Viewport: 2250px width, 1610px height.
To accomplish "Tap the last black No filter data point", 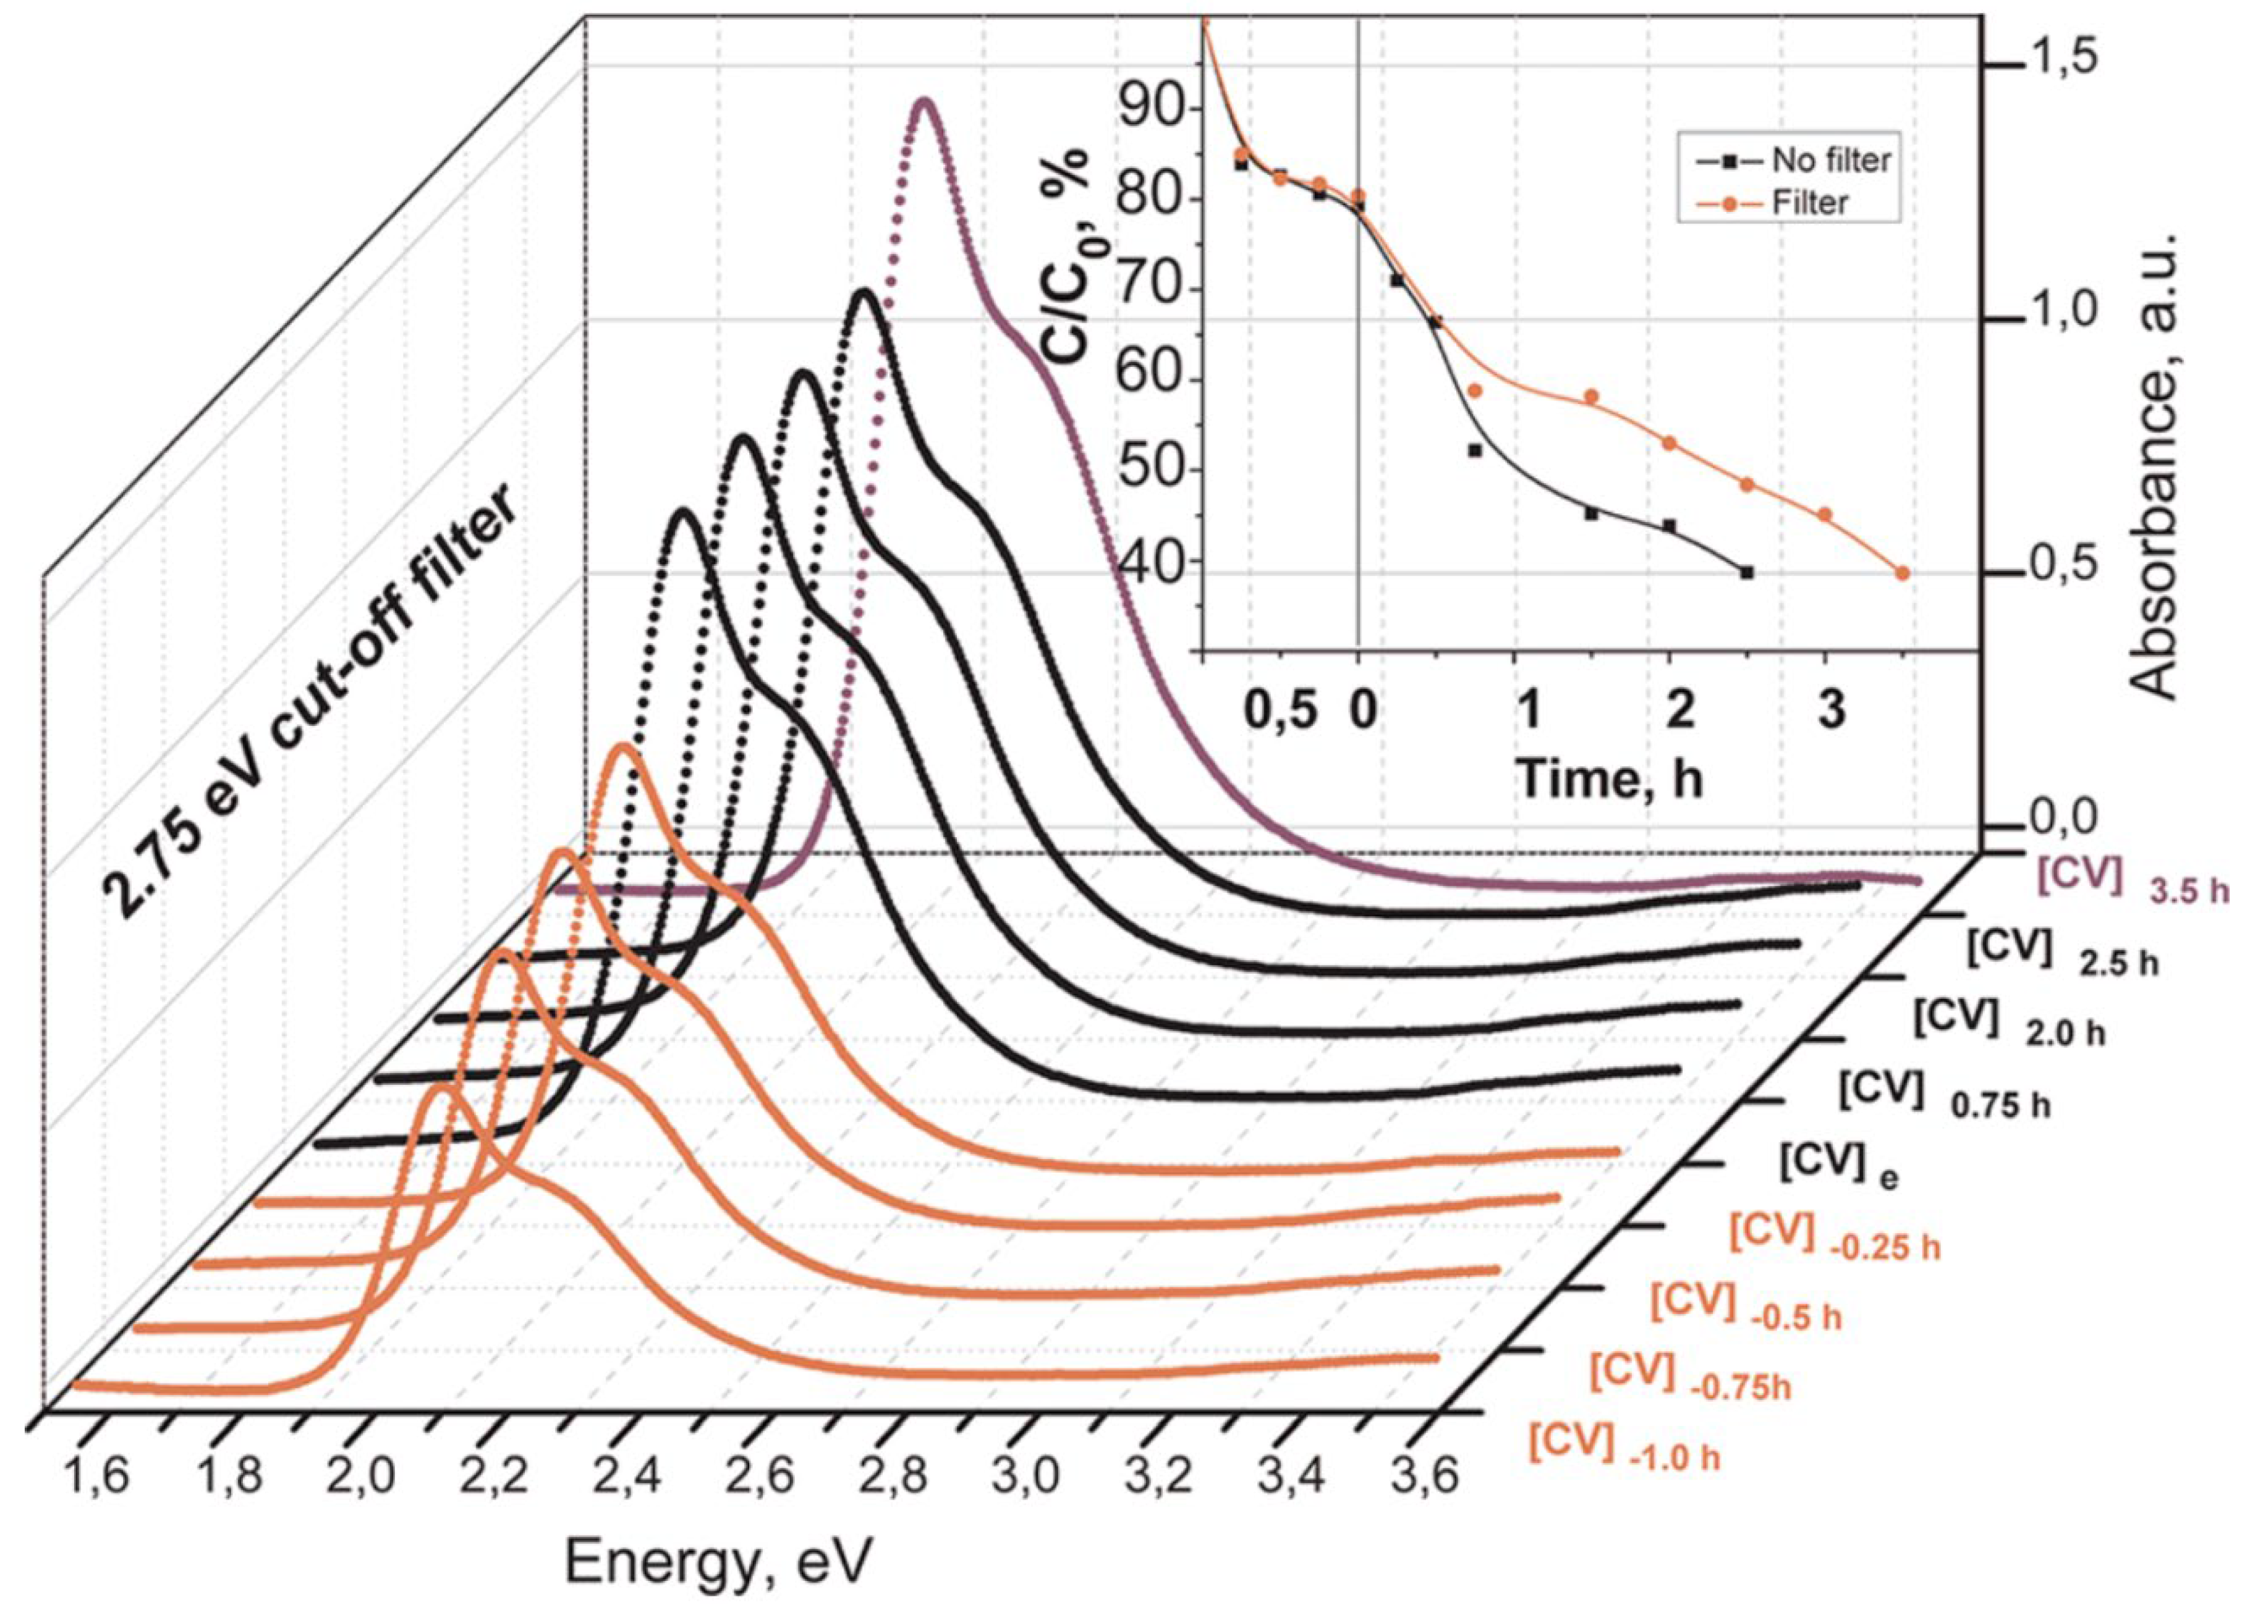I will [1747, 572].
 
